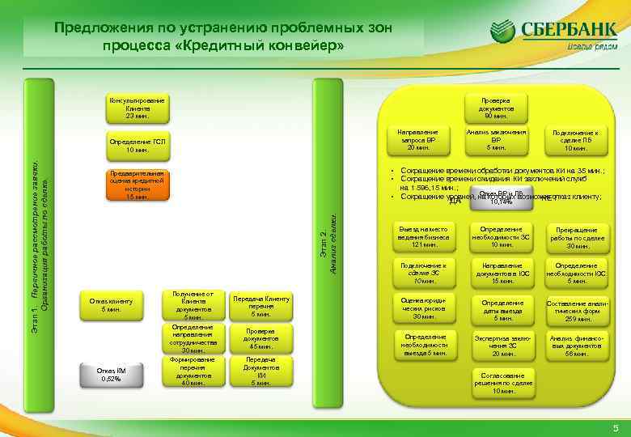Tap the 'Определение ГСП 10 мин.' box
136,146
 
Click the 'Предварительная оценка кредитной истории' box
136,185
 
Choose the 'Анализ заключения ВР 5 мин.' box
496,139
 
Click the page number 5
615,427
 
